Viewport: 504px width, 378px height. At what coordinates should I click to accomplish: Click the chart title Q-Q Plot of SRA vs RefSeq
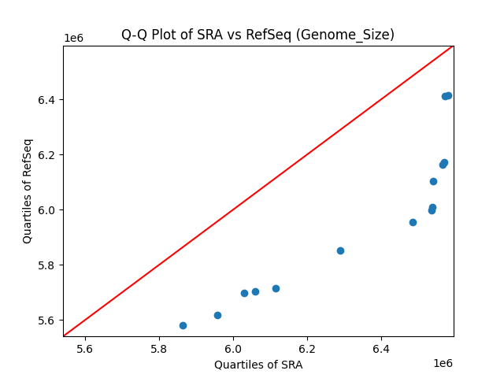tap(258, 35)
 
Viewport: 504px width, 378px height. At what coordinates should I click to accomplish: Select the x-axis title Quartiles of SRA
tap(258, 365)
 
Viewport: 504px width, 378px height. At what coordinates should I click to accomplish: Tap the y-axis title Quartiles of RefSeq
tap(28, 191)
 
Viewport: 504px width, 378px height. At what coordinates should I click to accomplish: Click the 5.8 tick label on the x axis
tap(159, 349)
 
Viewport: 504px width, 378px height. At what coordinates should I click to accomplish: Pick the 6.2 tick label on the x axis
tap(307, 349)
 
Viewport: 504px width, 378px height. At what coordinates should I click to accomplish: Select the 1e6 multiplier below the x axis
tap(443, 363)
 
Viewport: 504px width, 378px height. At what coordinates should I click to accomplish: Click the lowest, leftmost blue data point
tap(183, 325)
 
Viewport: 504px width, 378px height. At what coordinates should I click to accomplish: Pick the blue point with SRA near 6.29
tap(340, 250)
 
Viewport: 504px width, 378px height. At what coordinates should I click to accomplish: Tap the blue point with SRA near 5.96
tap(217, 315)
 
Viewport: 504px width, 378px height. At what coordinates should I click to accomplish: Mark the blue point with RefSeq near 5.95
tap(413, 222)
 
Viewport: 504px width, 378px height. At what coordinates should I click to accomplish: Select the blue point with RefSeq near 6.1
tap(433, 181)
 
